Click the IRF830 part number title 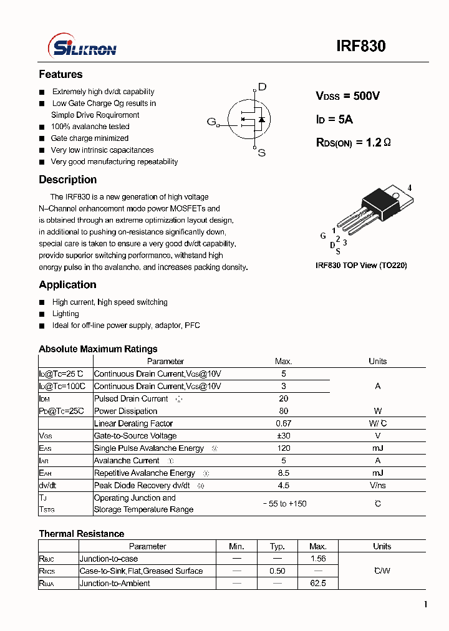point(360,46)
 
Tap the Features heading point(60,75)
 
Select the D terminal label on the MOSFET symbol point(262,87)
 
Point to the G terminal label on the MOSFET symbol point(211,122)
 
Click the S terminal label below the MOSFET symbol point(262,153)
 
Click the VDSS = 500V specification point(347,96)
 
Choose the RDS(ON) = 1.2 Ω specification point(354,143)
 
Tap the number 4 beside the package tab point(410,188)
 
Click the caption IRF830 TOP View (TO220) point(361,266)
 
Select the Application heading point(67,285)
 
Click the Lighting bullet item point(65,314)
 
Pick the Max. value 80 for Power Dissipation point(284,411)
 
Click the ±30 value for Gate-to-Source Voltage point(284,436)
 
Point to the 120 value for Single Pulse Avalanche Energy point(284,448)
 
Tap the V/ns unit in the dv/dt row point(377,485)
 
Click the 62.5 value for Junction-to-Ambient point(318,584)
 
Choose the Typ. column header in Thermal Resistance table point(278,546)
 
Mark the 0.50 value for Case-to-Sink point(278,571)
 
